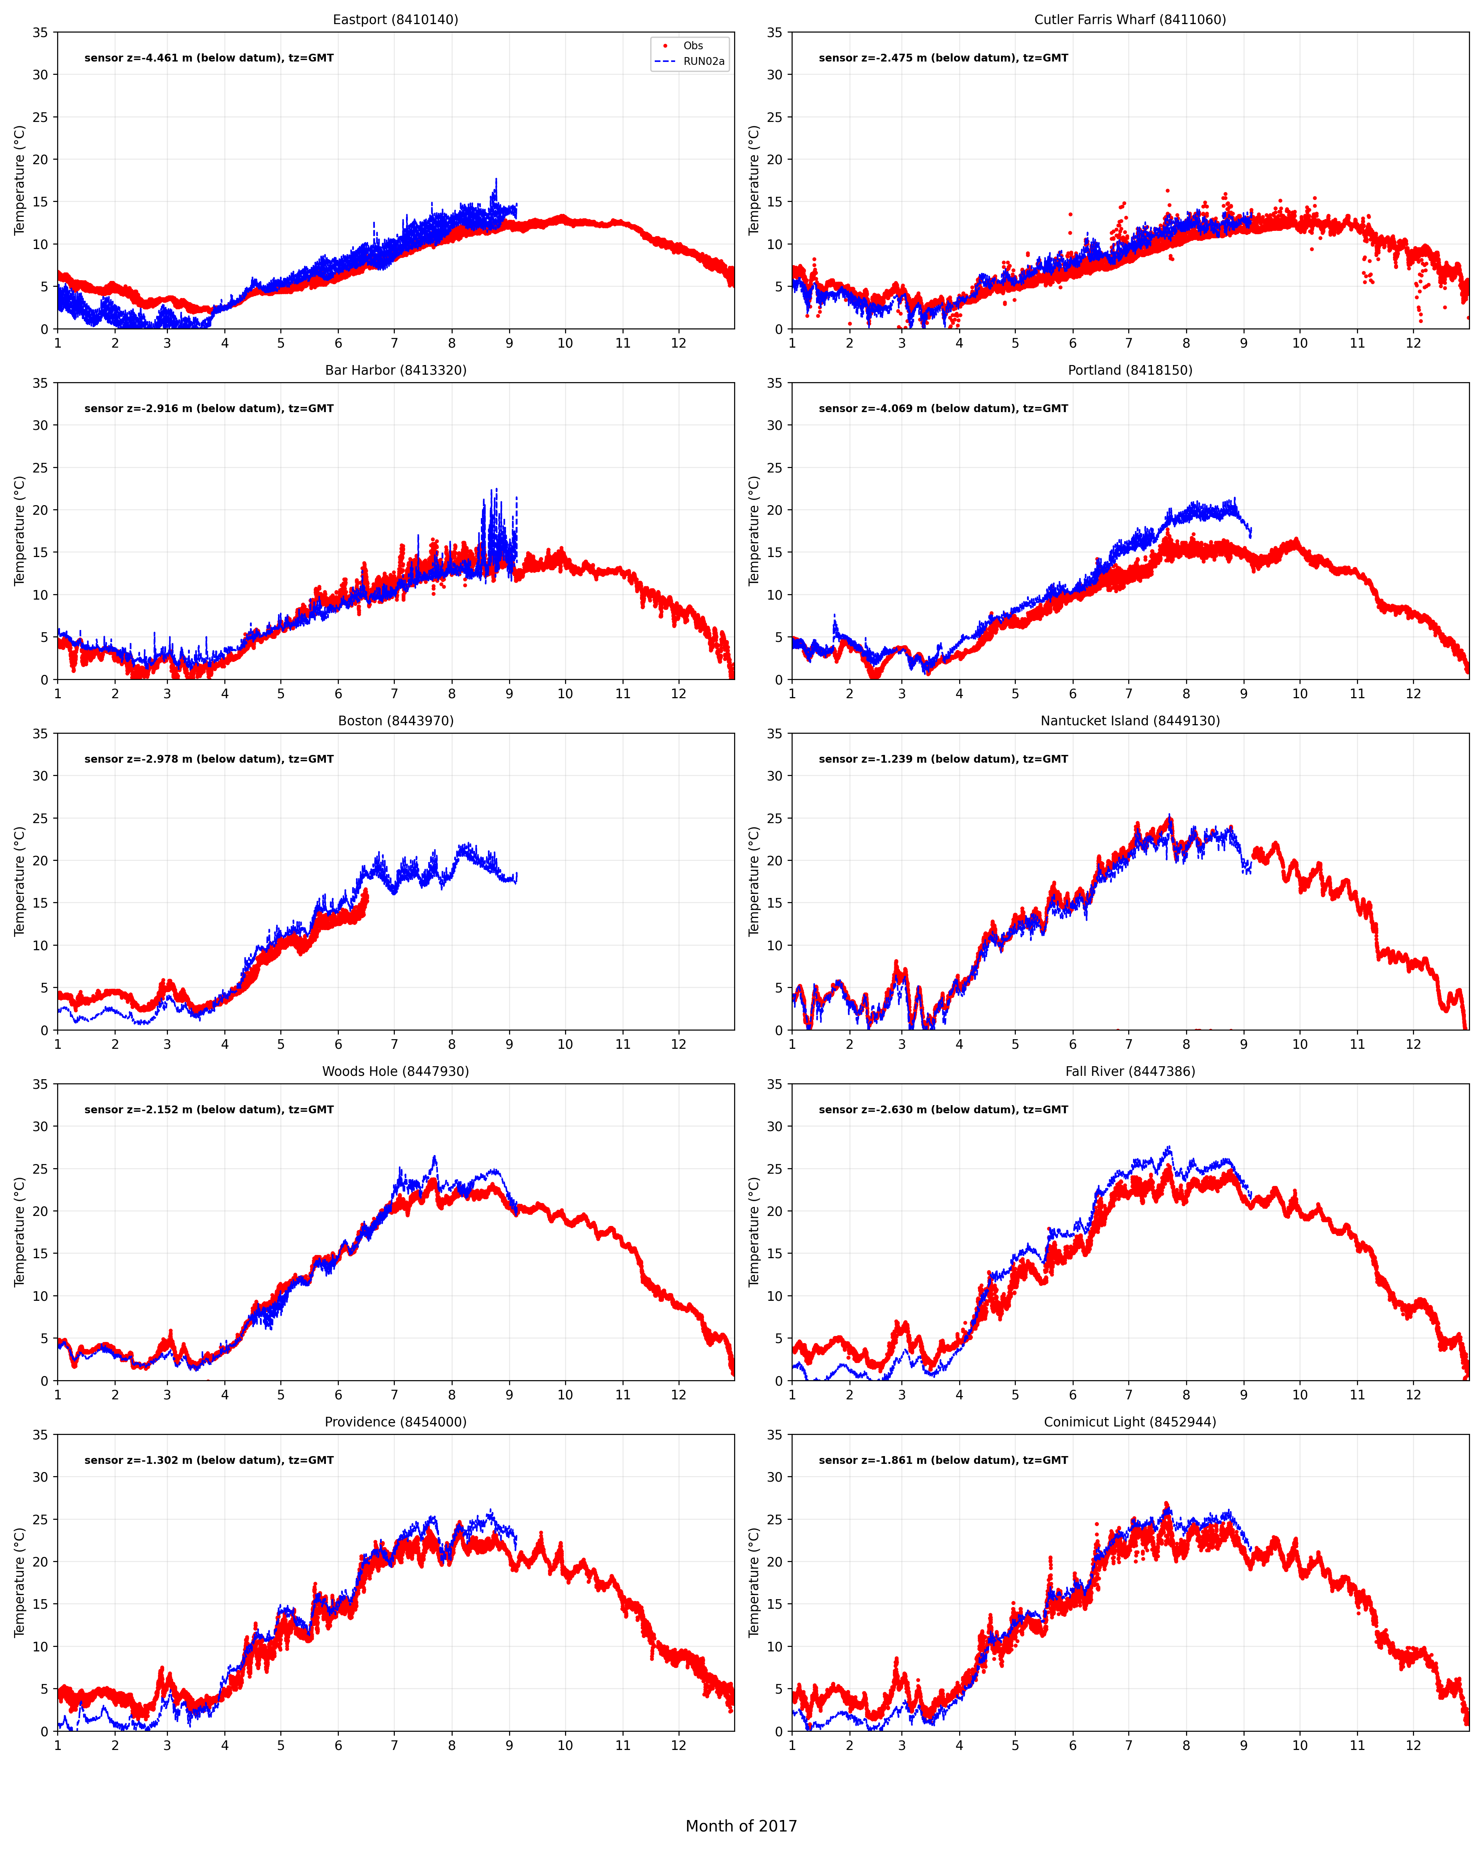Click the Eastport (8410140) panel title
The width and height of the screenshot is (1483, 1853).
[x=396, y=19]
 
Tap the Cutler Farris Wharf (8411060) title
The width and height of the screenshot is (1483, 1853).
[x=1130, y=19]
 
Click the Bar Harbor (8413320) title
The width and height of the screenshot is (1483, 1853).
[x=396, y=369]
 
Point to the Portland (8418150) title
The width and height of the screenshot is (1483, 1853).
[x=1130, y=369]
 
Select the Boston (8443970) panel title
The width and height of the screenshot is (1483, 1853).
[x=396, y=720]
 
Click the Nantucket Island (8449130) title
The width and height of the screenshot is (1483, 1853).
[x=1130, y=720]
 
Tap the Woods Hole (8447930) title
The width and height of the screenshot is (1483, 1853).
[x=396, y=1071]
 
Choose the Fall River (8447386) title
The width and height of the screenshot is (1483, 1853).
[x=1130, y=1071]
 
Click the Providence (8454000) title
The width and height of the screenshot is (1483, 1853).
[x=396, y=1422]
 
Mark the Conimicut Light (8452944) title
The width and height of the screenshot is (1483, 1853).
[x=1130, y=1422]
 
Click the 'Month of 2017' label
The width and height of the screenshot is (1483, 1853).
[x=741, y=1826]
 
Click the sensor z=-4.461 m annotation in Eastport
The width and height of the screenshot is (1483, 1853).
[x=209, y=57]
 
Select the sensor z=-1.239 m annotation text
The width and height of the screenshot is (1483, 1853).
[x=943, y=759]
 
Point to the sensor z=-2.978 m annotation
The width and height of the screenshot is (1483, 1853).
[x=209, y=759]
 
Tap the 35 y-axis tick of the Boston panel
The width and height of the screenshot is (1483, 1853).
[x=40, y=733]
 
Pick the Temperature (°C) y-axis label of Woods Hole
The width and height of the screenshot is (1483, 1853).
[x=19, y=1232]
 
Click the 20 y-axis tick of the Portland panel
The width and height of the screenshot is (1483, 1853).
[x=774, y=510]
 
